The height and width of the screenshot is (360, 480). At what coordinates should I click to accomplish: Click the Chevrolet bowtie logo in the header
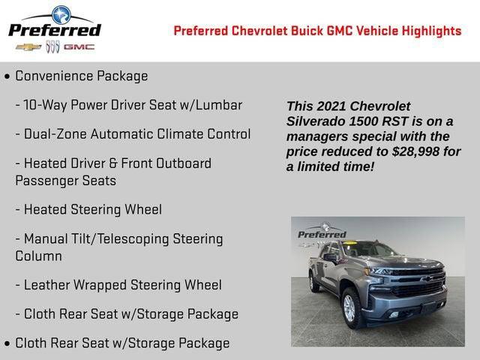click(28, 46)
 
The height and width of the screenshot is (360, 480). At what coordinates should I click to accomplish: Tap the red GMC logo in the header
click(79, 46)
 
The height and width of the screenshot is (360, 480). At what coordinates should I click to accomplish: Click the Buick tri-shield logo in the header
click(52, 46)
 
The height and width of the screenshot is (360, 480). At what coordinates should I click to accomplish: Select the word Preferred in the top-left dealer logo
click(54, 30)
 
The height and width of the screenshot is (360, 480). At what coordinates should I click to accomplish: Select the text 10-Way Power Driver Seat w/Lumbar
click(133, 105)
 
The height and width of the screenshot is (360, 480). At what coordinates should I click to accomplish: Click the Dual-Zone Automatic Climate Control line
click(136, 134)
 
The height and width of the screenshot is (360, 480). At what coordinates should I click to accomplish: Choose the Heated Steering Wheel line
click(92, 209)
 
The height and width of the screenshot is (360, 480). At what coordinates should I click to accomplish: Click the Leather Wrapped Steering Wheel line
click(122, 285)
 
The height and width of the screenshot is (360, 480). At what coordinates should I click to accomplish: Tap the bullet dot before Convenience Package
click(7, 76)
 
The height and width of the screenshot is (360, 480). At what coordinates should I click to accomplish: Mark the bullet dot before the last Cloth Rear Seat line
click(7, 343)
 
